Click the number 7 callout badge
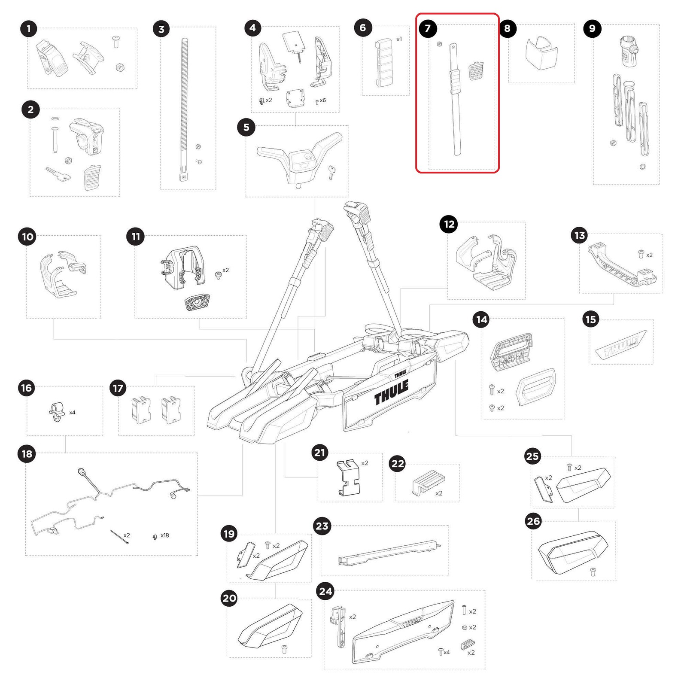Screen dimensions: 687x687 coord(428,29)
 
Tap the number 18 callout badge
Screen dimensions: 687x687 coord(27,454)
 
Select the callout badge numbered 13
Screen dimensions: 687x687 coord(580,235)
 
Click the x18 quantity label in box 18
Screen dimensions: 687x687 coord(164,535)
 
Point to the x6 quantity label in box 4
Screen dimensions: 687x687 coord(322,100)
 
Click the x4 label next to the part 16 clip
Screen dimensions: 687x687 coord(72,413)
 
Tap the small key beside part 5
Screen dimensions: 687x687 coord(331,172)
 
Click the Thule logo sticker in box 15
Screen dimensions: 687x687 coord(621,344)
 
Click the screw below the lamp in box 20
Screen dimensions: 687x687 coord(284,649)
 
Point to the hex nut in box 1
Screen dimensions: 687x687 coord(120,67)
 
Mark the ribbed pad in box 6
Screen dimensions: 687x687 coord(383,63)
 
